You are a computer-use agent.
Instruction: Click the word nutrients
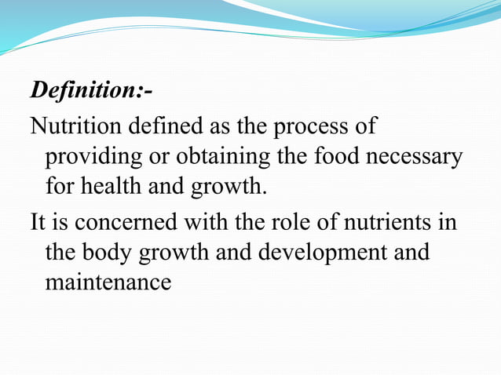[382, 222]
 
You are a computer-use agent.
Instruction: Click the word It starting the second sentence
[38, 222]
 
